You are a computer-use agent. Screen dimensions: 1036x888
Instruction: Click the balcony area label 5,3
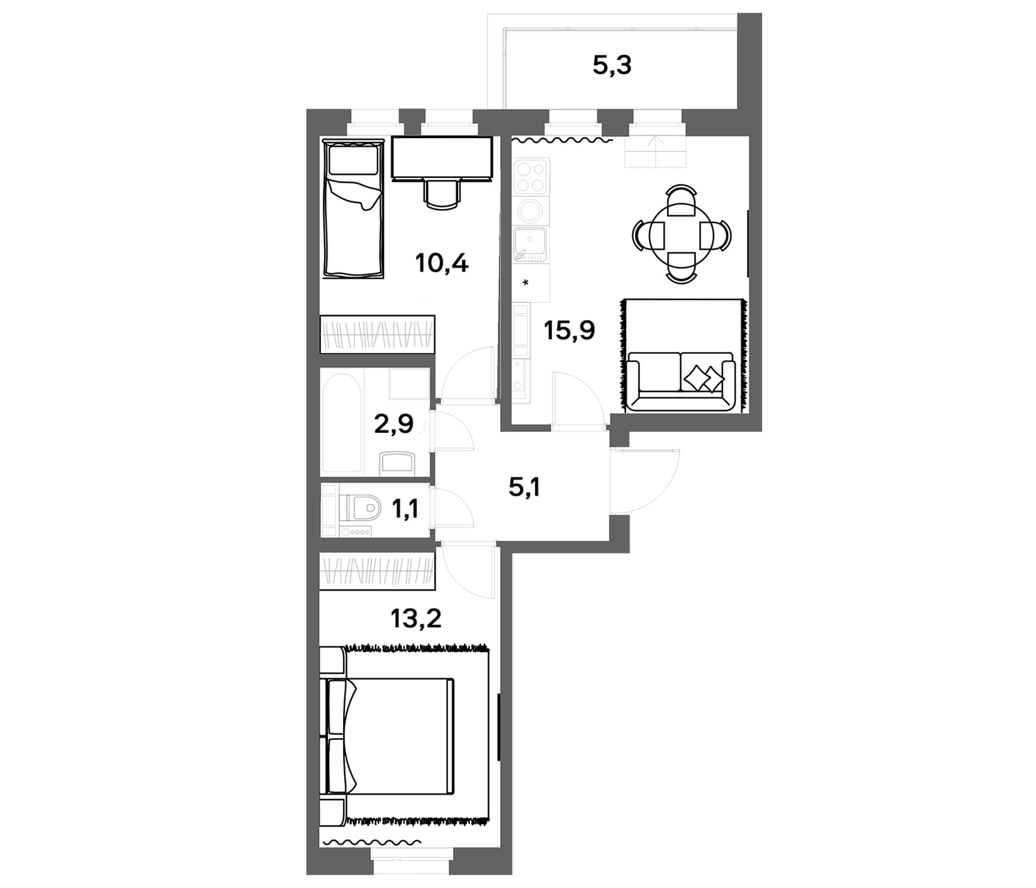[612, 66]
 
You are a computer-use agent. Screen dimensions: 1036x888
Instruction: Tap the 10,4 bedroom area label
[442, 263]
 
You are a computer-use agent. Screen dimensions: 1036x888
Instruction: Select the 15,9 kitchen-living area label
[569, 330]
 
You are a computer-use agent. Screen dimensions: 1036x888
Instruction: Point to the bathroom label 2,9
[394, 424]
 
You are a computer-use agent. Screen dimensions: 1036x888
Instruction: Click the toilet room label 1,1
[405, 510]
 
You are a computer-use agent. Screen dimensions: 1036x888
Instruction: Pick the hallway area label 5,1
[524, 487]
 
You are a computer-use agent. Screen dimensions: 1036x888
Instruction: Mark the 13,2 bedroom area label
[416, 619]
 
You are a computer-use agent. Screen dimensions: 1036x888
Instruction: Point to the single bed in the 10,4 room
[354, 208]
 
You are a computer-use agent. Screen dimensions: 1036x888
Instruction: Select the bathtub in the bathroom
[342, 423]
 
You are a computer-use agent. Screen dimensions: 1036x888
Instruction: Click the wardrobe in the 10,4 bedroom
[377, 333]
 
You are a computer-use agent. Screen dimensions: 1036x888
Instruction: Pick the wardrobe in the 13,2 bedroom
[377, 571]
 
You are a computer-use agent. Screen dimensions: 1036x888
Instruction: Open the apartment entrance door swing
[645, 481]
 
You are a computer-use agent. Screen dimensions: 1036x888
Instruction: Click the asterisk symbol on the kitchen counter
[525, 283]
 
